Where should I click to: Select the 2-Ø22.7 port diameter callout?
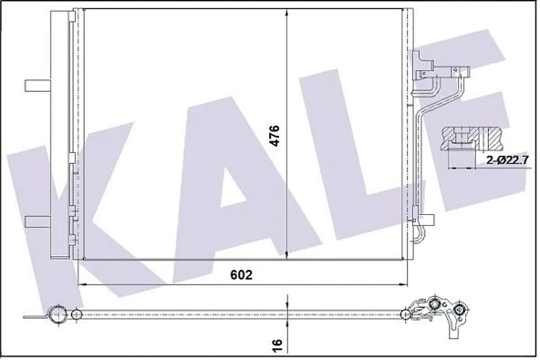coord(504,160)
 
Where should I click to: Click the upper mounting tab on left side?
coord(38,85)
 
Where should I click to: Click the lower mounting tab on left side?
coord(38,220)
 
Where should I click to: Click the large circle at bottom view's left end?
coord(56,318)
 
